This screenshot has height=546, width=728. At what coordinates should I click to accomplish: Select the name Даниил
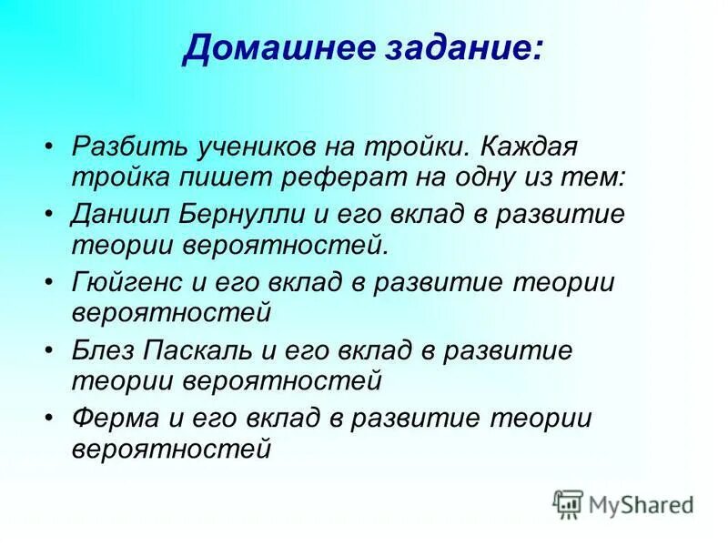click(115, 215)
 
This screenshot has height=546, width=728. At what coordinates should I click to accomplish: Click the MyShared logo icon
click(568, 503)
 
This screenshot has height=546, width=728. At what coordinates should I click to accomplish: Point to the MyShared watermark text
click(641, 503)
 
